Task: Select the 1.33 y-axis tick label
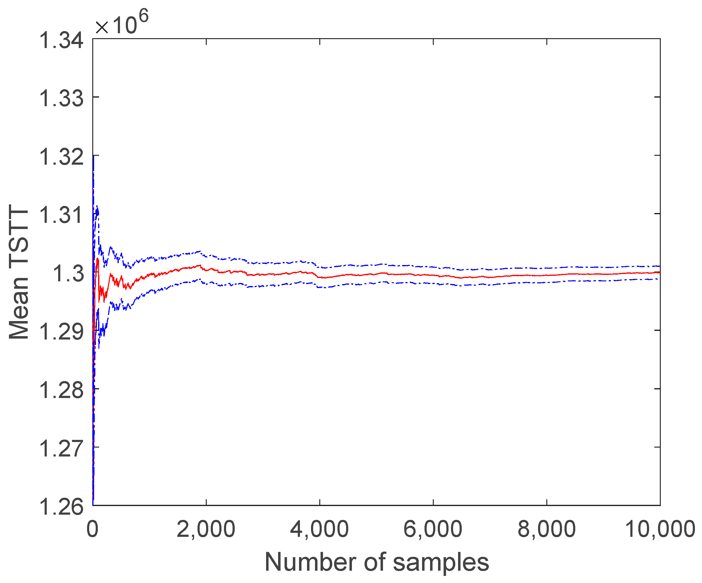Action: point(61,99)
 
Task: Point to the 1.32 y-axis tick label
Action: point(61,157)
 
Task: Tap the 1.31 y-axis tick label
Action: point(61,215)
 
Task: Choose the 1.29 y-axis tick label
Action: point(61,332)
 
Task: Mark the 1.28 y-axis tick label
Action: point(61,390)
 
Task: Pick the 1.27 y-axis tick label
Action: point(61,448)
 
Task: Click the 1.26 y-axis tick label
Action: point(61,506)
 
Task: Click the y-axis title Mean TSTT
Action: point(19,273)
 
